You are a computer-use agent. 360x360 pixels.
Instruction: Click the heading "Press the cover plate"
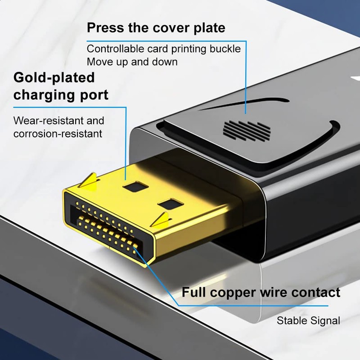[x=156, y=28]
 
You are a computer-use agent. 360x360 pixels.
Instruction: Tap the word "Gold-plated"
[x=54, y=77]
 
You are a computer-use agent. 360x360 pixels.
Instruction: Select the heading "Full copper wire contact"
[x=261, y=292]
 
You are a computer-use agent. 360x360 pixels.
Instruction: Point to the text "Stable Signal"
[x=308, y=321]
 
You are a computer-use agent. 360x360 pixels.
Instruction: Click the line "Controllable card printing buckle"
[x=164, y=49]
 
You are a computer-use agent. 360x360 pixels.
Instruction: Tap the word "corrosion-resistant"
[x=58, y=134]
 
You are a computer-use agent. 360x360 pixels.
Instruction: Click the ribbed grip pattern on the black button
[x=247, y=130]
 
